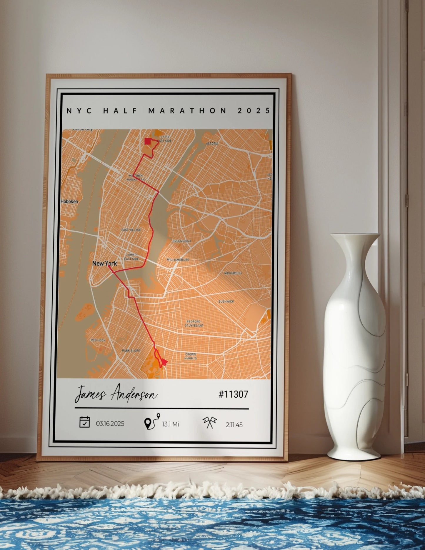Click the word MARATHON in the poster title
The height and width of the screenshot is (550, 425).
(x=187, y=111)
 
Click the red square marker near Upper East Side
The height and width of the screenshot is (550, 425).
(x=148, y=141)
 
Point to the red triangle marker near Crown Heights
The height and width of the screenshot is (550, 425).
(x=164, y=361)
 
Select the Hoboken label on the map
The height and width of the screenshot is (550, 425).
(x=69, y=201)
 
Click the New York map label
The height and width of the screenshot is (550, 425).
(x=104, y=263)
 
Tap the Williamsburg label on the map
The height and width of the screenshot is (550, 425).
(x=178, y=260)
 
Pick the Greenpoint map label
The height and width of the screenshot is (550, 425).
(x=181, y=241)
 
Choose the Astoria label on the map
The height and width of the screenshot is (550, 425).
(x=212, y=144)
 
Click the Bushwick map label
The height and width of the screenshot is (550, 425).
(x=226, y=301)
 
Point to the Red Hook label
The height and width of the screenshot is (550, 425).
(x=98, y=340)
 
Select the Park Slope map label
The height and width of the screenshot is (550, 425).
(x=131, y=351)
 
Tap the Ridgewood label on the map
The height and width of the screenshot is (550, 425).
(x=233, y=273)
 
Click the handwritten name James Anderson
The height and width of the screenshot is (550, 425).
(x=116, y=394)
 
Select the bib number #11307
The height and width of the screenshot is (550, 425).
(x=233, y=394)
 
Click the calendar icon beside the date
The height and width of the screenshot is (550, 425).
(x=85, y=422)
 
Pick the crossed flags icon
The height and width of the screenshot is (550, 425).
(x=210, y=423)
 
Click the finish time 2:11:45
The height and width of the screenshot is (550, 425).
(x=234, y=425)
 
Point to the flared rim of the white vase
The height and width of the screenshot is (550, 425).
(x=355, y=236)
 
